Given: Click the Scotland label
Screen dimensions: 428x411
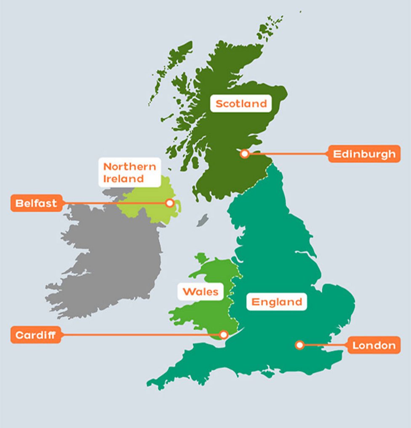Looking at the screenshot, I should click(241, 104).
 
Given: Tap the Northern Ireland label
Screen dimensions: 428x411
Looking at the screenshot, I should click(130, 172).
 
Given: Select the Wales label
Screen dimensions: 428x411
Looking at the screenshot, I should click(200, 292).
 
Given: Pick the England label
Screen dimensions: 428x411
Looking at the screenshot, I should click(277, 302).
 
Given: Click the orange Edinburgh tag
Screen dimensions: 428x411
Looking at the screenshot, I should click(364, 154).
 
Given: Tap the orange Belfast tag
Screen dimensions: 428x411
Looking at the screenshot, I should click(36, 203).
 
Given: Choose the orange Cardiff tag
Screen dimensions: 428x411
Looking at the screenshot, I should click(36, 335).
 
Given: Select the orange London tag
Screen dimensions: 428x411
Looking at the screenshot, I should click(374, 345).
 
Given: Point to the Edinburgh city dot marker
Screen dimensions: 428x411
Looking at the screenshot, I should click(245, 154).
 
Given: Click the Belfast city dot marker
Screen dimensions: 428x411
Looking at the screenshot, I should click(169, 203).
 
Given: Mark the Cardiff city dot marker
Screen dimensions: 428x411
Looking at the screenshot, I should click(224, 334).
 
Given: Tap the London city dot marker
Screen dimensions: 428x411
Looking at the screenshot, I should click(299, 345).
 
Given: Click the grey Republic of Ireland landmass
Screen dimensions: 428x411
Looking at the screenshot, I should click(109, 261).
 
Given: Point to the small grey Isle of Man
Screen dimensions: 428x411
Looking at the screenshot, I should click(203, 219).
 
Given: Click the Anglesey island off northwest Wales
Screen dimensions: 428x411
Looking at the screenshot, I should click(201, 258).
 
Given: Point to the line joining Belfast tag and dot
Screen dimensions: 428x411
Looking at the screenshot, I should click(114, 203).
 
